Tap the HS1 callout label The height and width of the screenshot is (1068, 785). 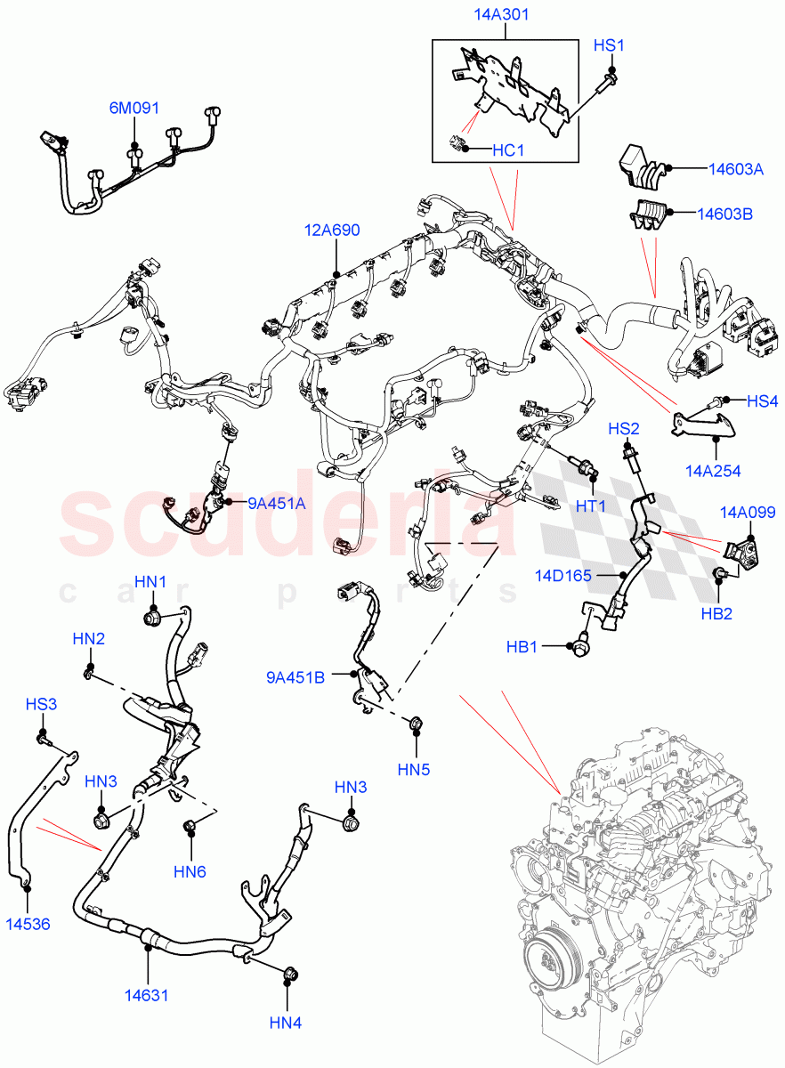tap(611, 45)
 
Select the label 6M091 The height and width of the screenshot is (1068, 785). tap(134, 109)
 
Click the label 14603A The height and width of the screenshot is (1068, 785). tap(724, 168)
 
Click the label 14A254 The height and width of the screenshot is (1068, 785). tap(713, 471)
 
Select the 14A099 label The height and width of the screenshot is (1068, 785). tap(747, 512)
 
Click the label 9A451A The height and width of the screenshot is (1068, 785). tap(276, 504)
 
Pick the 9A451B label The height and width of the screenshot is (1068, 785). tap(295, 676)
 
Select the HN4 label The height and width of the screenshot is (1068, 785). tap(286, 1023)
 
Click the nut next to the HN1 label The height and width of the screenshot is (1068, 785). tap(152, 616)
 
